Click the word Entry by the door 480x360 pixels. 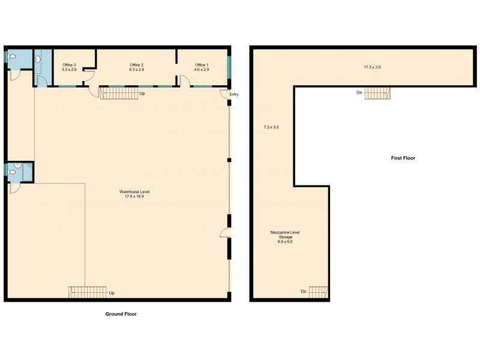coord(234,94)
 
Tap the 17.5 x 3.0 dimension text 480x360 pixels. coord(372,67)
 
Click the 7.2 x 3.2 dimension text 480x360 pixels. coord(272,127)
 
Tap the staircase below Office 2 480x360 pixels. coord(118,93)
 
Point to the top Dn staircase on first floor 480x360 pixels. coord(377,92)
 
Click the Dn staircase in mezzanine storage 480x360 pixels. coord(318,292)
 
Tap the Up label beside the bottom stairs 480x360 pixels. coord(112,293)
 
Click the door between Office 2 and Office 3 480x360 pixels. coord(88,73)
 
